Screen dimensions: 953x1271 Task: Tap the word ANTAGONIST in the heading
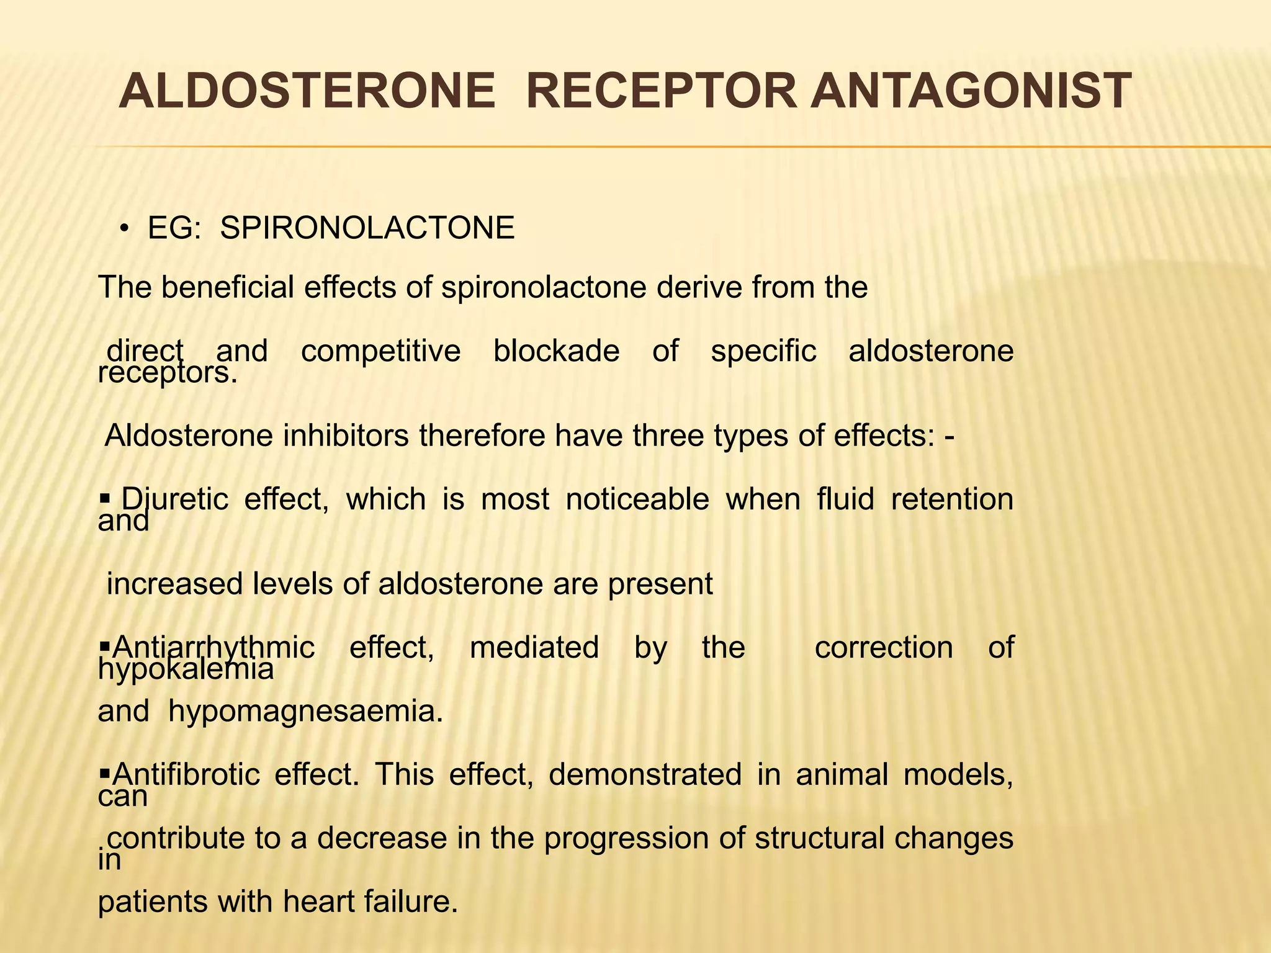pos(971,91)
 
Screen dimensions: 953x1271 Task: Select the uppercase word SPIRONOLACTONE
pos(367,228)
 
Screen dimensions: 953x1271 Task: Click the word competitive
pos(380,351)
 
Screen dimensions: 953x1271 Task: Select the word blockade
pos(556,351)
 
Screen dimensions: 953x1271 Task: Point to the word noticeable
pos(637,499)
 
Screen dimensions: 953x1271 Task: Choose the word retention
pos(952,499)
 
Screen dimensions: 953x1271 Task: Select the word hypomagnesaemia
pos(306,711)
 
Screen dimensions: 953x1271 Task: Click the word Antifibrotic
pos(186,774)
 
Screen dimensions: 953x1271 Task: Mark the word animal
pos(842,774)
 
